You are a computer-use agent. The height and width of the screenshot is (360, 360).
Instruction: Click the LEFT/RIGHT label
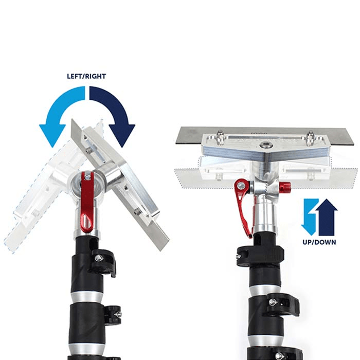click(86, 76)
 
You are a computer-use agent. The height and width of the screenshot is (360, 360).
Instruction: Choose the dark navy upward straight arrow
click(327, 217)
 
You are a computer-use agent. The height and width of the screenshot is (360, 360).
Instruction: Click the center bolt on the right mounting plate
click(266, 146)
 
